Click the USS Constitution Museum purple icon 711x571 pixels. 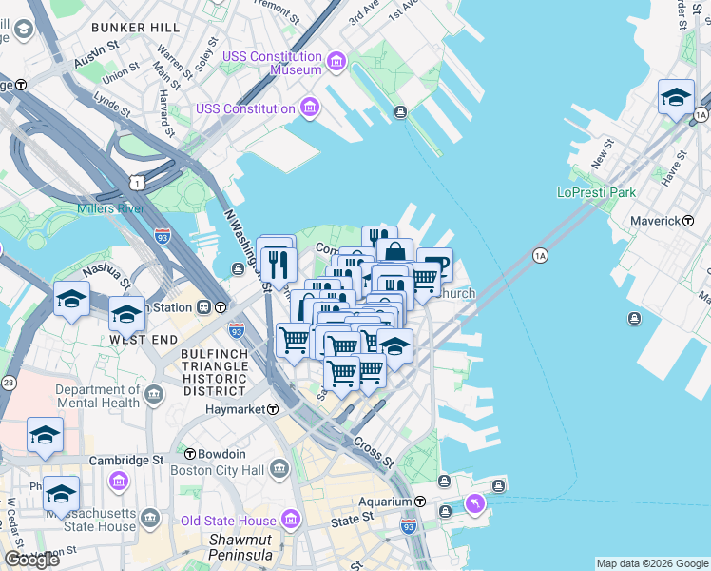tap(336, 64)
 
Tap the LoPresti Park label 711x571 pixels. tap(595, 192)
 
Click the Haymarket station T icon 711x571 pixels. tap(273, 409)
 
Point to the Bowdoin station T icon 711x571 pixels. tap(190, 455)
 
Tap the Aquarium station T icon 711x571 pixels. tap(419, 502)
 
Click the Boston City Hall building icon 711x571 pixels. tap(279, 469)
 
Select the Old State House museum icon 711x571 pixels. tap(290, 520)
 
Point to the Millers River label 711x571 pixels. tap(110, 208)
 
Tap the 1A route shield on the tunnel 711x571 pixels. tap(540, 255)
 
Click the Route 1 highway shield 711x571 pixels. tap(139, 181)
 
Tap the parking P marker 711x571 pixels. tap(436, 266)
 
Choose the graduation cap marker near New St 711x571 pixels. tap(676, 98)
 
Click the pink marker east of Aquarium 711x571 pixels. tap(473, 502)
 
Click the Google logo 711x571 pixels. tap(31, 560)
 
